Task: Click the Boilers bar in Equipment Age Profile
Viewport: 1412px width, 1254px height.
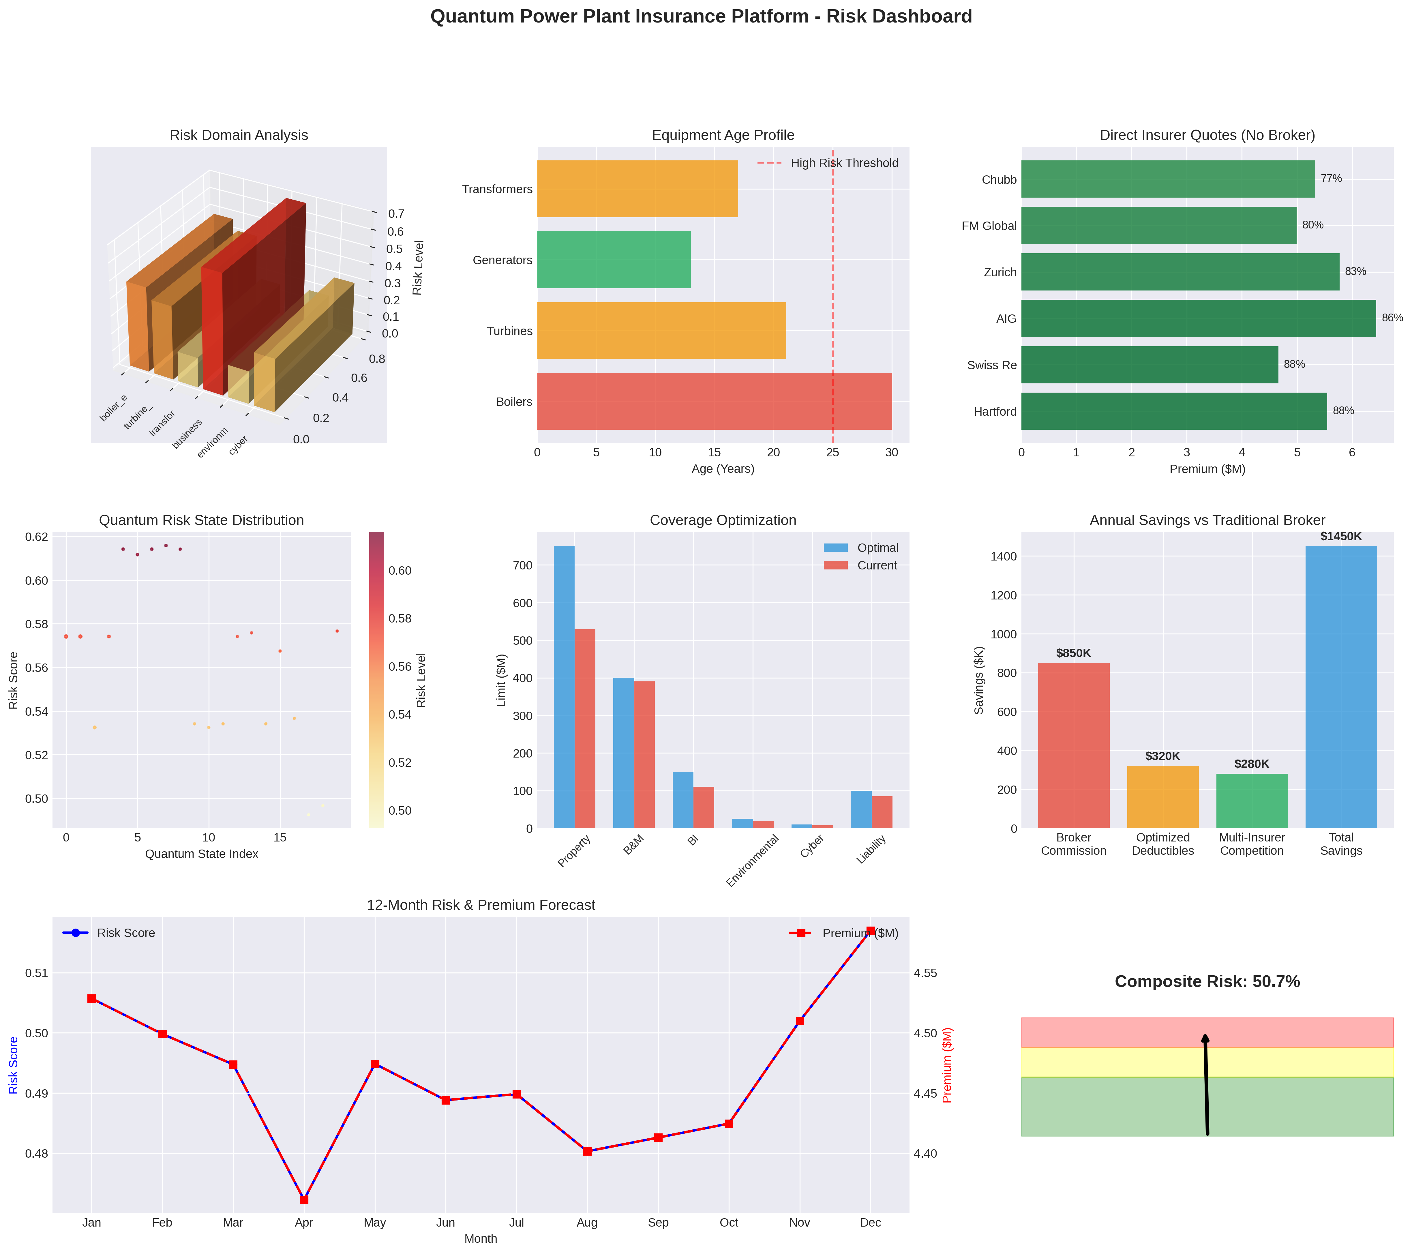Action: pyautogui.click(x=714, y=402)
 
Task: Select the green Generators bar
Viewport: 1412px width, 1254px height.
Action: pyautogui.click(x=614, y=260)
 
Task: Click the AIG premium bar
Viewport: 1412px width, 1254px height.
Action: pyautogui.click(x=1198, y=318)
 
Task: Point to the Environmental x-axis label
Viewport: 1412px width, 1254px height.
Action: pyautogui.click(x=752, y=860)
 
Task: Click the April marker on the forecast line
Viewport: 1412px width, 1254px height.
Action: pyautogui.click(x=304, y=1199)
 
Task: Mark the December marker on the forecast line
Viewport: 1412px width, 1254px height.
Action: pyautogui.click(x=870, y=931)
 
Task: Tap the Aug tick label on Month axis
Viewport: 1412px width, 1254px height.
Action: pyautogui.click(x=587, y=1222)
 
